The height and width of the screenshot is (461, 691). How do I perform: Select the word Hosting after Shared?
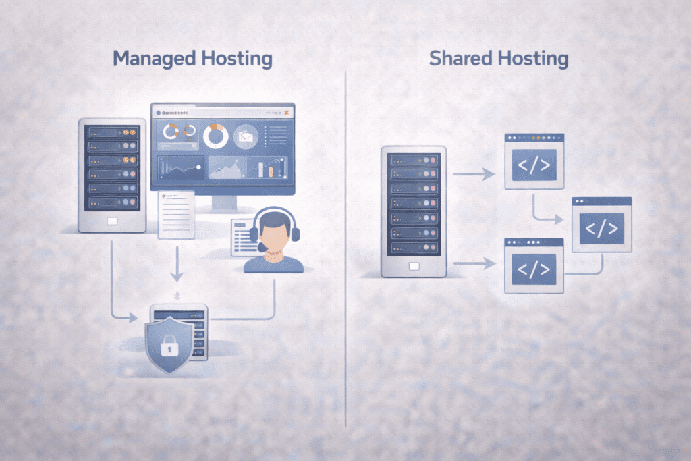point(532,59)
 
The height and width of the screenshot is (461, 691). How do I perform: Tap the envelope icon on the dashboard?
point(244,136)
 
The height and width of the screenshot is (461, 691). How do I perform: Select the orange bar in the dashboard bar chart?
point(271,169)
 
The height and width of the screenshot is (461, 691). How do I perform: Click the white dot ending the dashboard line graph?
point(198,166)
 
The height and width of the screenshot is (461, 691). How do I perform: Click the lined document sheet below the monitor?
point(176,215)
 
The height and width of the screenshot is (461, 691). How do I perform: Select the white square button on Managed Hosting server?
point(112,221)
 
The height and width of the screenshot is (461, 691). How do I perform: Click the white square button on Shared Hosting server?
point(414,265)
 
